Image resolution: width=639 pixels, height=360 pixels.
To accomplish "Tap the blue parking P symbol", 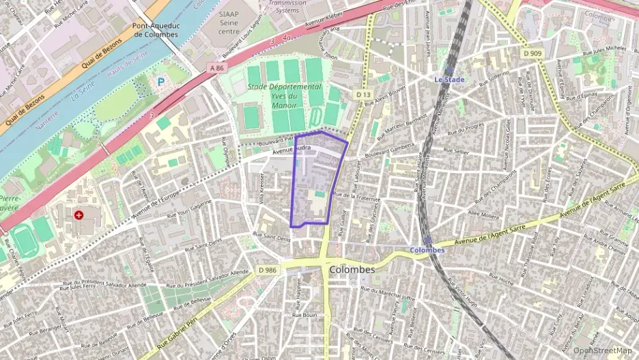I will [x=161, y=81].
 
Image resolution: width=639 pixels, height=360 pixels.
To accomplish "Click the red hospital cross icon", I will [x=79, y=214].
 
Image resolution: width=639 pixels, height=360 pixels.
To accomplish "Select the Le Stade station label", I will [x=450, y=79].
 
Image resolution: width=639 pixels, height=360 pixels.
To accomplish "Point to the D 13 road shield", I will [x=363, y=94].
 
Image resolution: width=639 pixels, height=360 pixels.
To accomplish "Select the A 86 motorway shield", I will [x=217, y=67].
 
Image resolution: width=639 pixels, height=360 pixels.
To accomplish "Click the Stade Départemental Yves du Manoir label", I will [x=285, y=96].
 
